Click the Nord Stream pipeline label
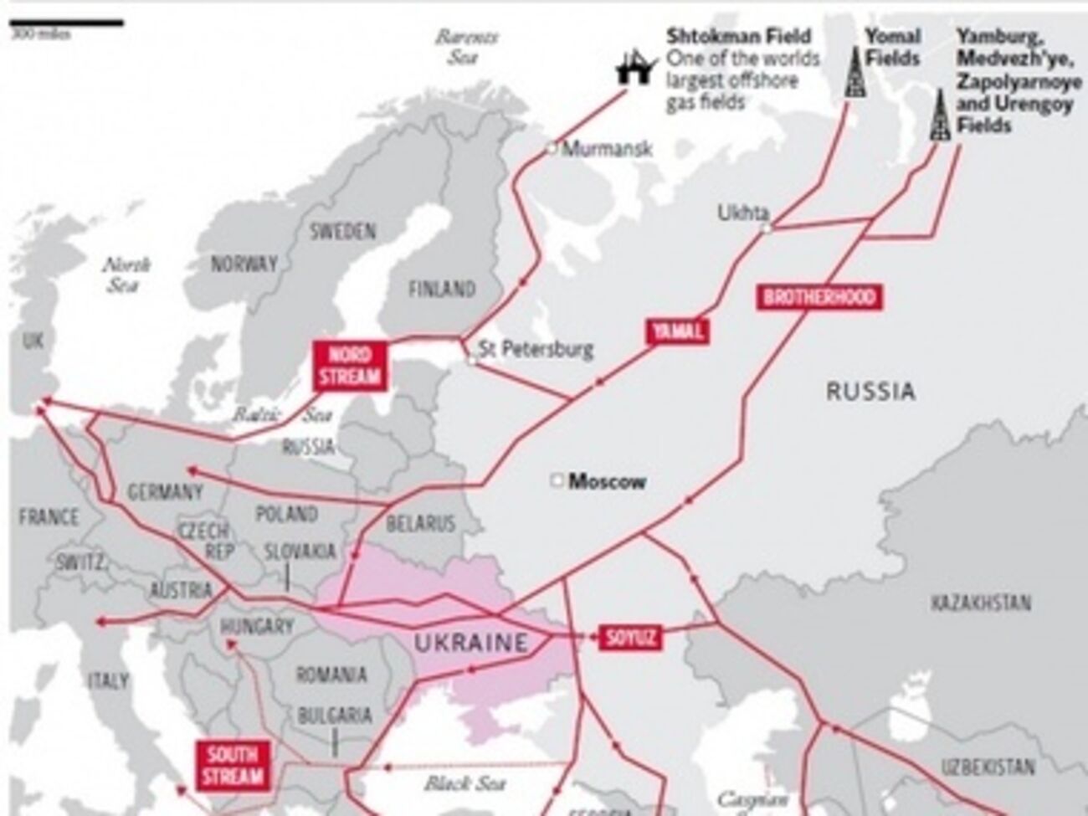point(349,365)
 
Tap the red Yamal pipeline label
point(678,331)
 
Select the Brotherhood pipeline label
point(819,297)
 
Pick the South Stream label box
point(232,765)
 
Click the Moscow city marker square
point(557,481)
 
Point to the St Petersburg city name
point(536,349)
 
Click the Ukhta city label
point(742,213)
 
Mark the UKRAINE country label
point(471,643)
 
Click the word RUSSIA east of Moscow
point(870,391)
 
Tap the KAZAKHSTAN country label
point(980,603)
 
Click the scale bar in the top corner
point(67,23)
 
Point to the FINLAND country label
point(441,290)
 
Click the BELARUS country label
point(420,524)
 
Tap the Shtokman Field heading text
point(738,36)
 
